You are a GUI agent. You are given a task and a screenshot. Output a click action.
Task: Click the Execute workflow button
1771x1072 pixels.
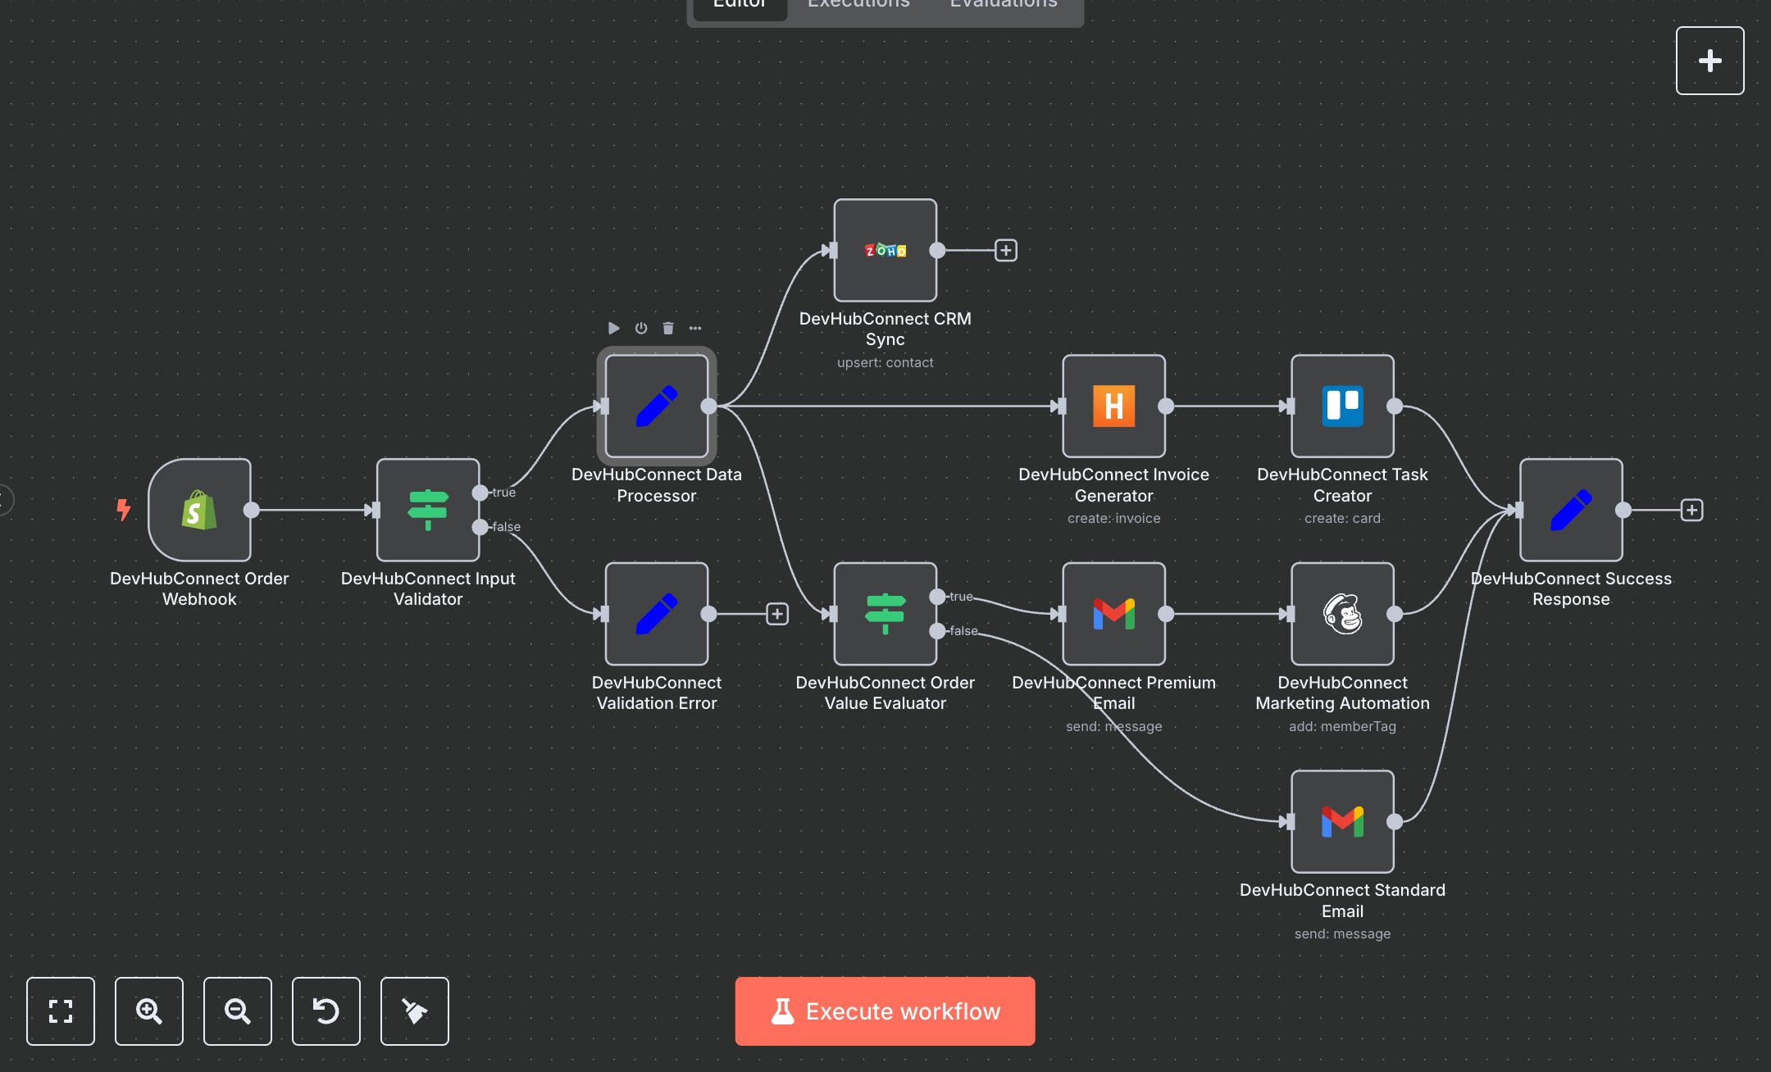coord(885,1011)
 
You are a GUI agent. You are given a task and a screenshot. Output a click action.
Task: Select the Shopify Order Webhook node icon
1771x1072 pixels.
coord(199,510)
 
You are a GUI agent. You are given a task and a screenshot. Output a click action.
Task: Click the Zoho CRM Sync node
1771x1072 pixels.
coord(885,250)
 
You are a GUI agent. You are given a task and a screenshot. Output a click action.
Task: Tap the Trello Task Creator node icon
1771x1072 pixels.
coord(1342,406)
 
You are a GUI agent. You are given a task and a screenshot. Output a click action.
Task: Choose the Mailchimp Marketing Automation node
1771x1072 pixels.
coord(1342,614)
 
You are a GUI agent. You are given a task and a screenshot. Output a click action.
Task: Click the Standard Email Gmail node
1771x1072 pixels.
coord(1342,821)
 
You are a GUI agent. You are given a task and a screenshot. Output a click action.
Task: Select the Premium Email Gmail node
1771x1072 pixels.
coord(1113,614)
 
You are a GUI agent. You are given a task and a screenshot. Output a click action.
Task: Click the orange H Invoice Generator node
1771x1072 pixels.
coord(1113,406)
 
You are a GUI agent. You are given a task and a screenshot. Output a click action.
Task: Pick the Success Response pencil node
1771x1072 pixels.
coord(1570,510)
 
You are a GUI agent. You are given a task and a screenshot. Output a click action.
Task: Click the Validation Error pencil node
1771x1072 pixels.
coord(656,614)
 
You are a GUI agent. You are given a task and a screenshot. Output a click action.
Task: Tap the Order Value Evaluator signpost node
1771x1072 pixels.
coord(885,614)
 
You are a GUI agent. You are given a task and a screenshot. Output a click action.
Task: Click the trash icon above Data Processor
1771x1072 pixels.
coord(668,328)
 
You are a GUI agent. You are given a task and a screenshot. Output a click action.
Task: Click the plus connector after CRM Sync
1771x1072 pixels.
coord(1006,250)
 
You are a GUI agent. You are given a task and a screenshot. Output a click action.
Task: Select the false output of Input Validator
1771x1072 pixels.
coord(480,527)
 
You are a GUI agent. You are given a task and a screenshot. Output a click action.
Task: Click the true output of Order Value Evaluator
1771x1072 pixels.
coord(937,597)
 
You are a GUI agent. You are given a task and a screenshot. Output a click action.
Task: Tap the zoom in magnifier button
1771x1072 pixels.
coord(148,1011)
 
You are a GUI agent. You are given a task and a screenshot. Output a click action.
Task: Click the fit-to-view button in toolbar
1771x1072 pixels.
coord(61,1011)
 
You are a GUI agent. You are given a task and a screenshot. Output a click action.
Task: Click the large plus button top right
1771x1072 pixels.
coord(1710,61)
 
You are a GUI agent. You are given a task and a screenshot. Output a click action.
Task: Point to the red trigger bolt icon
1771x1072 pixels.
coord(123,509)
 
